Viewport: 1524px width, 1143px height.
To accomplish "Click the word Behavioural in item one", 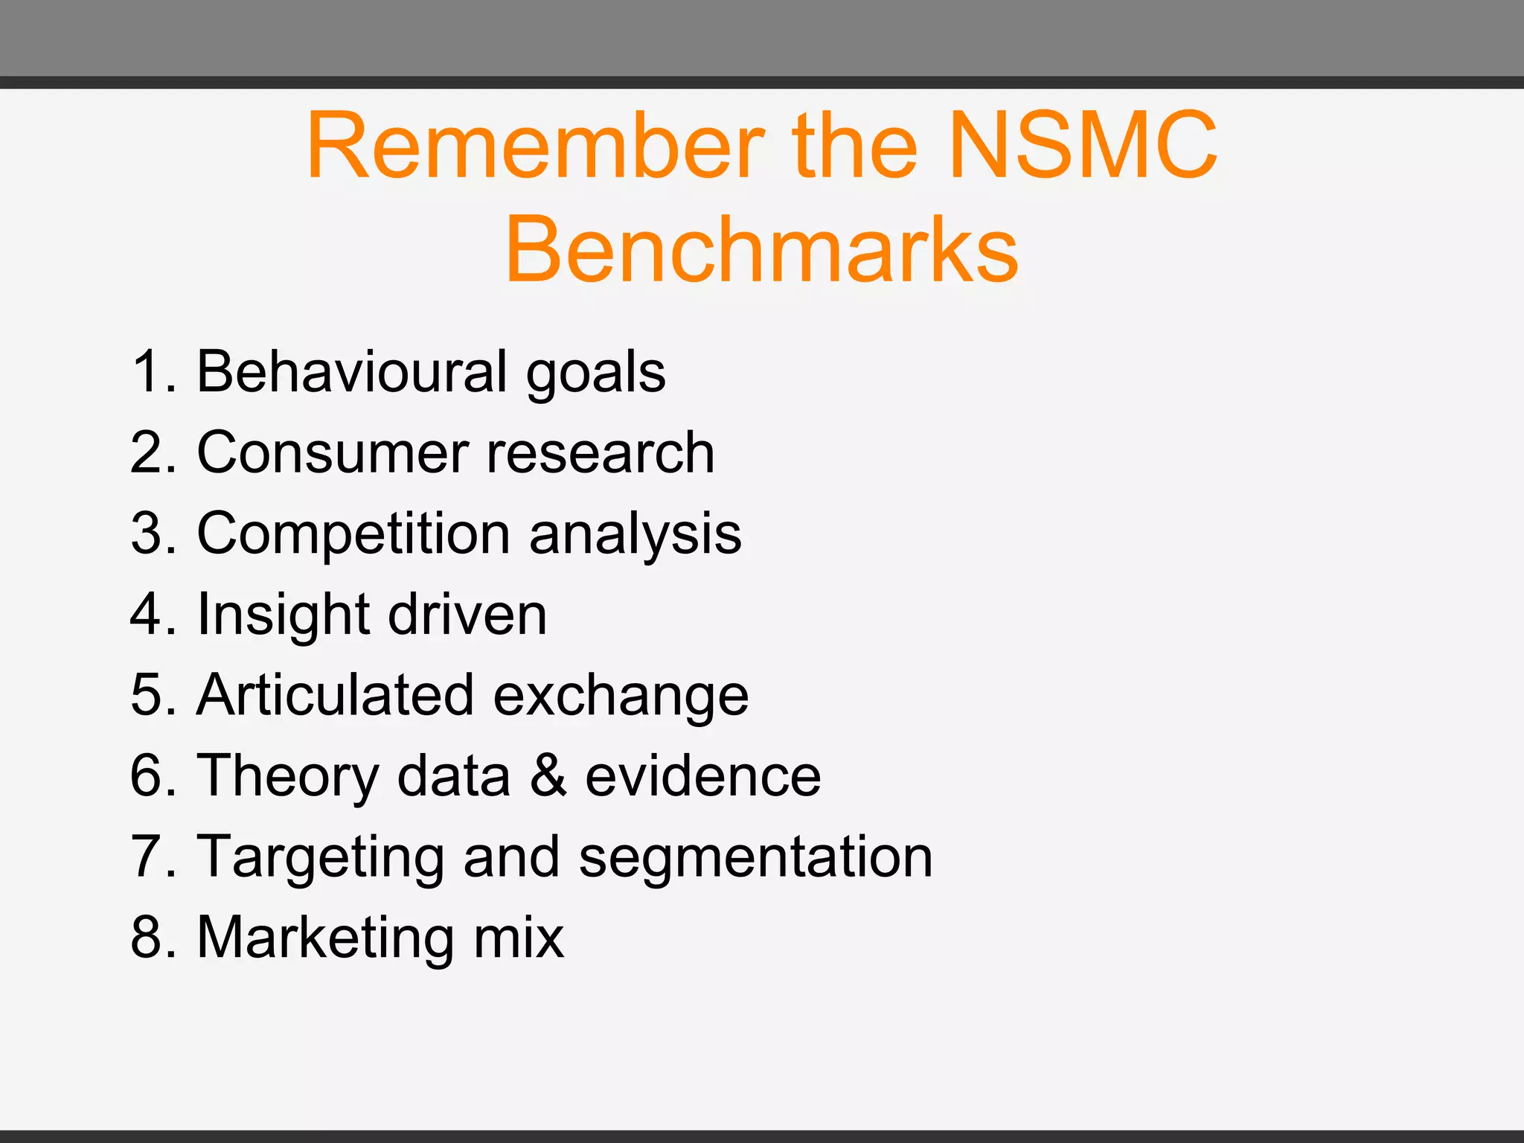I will pos(352,371).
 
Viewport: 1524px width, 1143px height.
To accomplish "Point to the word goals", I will pos(596,374).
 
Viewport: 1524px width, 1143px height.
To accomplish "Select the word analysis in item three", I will pos(635,534).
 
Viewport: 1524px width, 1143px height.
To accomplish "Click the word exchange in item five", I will pos(621,697).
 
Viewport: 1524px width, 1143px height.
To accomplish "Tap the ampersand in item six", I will pos(548,775).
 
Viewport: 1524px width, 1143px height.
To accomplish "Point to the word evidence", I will pos(703,775).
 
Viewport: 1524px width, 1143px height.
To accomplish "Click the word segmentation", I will pos(756,858).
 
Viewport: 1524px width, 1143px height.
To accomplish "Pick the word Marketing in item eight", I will pos(325,938).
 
